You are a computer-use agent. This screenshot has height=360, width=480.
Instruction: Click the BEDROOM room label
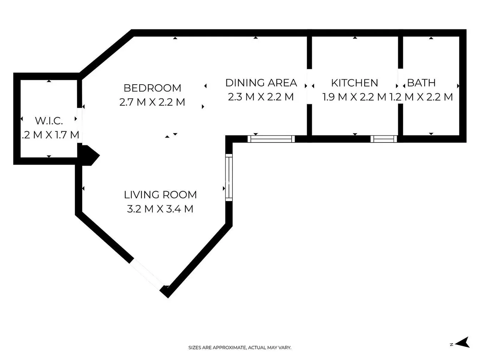[152, 88]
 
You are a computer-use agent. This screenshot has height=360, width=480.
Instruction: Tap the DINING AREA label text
[261, 83]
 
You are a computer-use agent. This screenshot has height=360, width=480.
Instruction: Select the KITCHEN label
[355, 83]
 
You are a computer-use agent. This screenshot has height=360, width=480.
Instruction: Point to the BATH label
[421, 83]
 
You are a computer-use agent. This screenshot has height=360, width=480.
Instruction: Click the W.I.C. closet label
[49, 121]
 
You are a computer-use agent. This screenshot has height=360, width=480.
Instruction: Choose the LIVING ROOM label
[160, 195]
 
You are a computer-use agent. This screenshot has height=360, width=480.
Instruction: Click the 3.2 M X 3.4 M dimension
[160, 209]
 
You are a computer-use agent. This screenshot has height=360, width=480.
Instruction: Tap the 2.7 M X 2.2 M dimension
[152, 102]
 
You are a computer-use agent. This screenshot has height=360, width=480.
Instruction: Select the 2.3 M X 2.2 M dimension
[261, 97]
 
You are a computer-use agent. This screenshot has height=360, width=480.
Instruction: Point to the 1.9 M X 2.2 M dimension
[354, 97]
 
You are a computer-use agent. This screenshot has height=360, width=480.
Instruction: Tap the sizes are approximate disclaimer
[240, 347]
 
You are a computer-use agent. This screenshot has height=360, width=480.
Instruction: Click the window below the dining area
[271, 139]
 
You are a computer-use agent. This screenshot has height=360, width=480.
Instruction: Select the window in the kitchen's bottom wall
[384, 139]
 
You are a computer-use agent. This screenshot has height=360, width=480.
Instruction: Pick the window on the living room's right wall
[229, 177]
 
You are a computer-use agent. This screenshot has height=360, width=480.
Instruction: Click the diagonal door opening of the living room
[147, 275]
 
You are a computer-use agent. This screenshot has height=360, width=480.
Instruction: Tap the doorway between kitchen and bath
[400, 86]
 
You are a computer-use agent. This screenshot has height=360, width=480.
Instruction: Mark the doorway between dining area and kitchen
[309, 86]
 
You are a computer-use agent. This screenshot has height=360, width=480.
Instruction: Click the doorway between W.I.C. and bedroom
[80, 125]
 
